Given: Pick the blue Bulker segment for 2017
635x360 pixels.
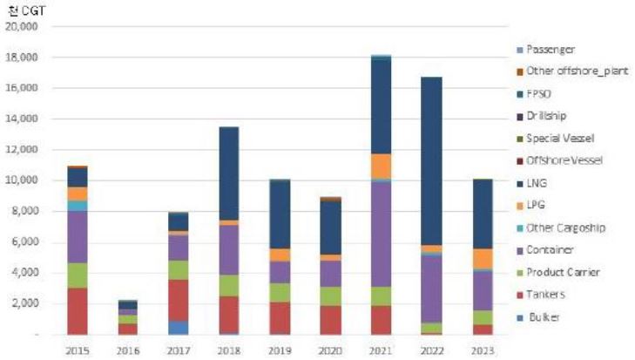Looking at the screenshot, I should (x=178, y=327).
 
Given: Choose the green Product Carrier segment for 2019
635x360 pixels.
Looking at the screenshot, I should (x=280, y=292).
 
